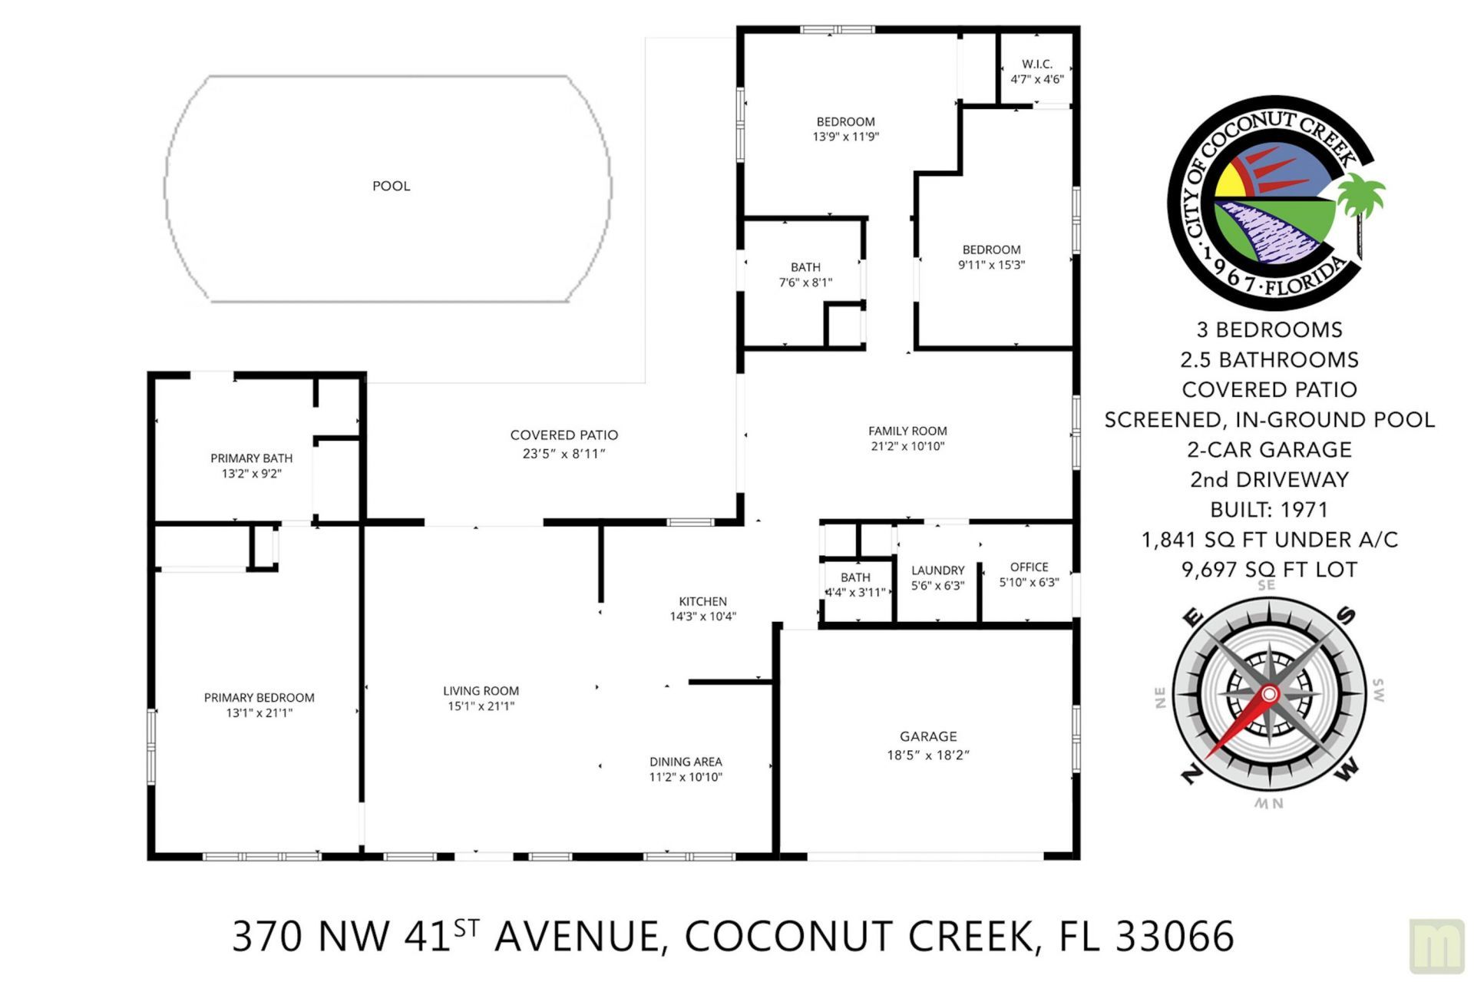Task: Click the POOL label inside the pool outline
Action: (x=391, y=186)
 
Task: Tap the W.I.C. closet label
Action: (x=1036, y=64)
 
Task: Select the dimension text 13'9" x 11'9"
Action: (x=845, y=137)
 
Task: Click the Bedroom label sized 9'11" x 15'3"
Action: (x=991, y=250)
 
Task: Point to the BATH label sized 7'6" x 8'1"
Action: (x=805, y=267)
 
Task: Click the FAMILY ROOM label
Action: (x=907, y=431)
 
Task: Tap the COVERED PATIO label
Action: (x=563, y=435)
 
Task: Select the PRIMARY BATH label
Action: (x=251, y=458)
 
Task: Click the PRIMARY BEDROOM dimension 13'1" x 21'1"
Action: (x=259, y=713)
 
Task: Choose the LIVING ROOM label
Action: (x=481, y=691)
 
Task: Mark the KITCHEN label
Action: (x=702, y=601)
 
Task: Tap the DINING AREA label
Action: (x=686, y=762)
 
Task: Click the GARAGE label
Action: (x=928, y=736)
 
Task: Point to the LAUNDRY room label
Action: (x=937, y=570)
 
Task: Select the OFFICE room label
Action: (x=1029, y=567)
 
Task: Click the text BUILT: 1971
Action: (x=1268, y=510)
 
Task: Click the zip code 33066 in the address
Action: (x=1174, y=936)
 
